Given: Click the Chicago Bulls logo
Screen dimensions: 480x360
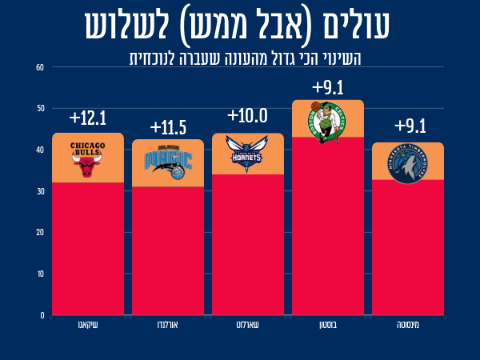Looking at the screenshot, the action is tap(87, 159).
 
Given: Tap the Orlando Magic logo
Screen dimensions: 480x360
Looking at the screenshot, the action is tap(168, 162).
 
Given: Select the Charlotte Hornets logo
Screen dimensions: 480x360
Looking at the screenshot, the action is tap(247, 154).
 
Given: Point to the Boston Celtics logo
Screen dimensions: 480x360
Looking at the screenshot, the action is tap(326, 122).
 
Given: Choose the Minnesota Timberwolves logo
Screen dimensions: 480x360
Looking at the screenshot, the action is tap(407, 164).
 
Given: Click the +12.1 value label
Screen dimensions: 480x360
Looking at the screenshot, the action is tap(87, 118).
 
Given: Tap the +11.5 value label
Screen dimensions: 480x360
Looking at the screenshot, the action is tap(168, 128).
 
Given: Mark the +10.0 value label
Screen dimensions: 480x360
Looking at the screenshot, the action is tap(247, 116).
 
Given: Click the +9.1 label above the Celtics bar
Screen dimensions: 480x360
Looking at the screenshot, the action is tap(328, 87).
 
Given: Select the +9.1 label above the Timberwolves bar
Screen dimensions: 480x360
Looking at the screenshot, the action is tap(410, 126).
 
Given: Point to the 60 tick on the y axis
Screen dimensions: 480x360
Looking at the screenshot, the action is tap(40, 67).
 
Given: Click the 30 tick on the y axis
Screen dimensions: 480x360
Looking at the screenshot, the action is tap(41, 191).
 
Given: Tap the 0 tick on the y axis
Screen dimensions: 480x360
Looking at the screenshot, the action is tap(42, 315).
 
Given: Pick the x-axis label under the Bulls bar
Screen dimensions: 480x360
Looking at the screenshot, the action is tap(88, 325).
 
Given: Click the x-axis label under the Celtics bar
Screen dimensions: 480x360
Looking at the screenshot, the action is tap(328, 325).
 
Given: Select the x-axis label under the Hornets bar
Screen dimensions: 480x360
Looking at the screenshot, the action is tap(248, 325).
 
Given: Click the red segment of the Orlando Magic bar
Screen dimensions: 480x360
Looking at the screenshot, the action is tap(168, 250).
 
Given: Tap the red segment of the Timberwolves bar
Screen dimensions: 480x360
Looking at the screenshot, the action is tap(408, 247).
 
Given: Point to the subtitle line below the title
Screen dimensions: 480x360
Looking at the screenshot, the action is tap(246, 58).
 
